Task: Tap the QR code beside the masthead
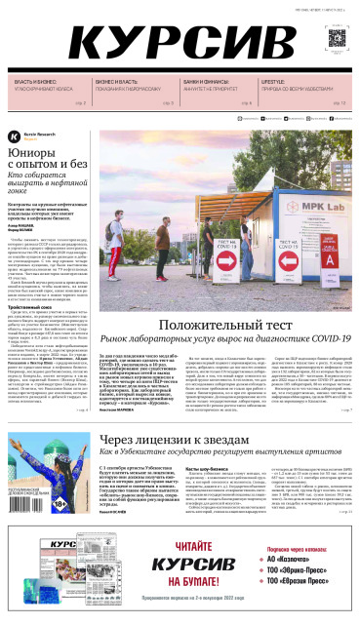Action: coord(337,38)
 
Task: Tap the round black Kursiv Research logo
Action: coord(14,137)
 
